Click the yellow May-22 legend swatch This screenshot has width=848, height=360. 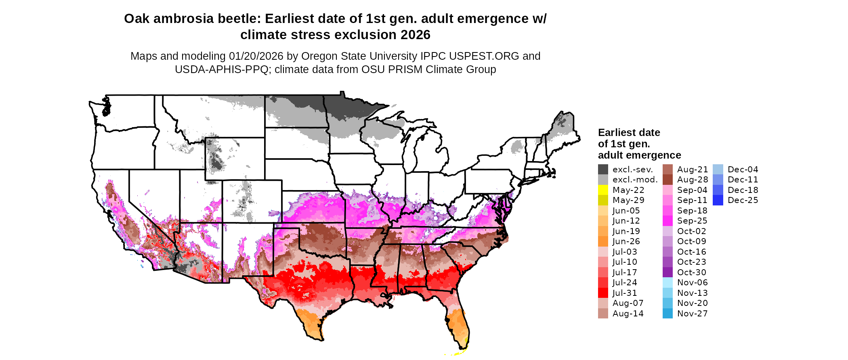point(603,190)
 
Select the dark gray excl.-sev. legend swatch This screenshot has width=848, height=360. point(603,170)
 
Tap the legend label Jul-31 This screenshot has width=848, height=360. point(625,293)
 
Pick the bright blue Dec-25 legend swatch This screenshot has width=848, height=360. point(718,200)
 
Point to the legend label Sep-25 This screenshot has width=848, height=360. point(692,221)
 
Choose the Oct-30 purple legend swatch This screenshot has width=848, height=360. point(667,272)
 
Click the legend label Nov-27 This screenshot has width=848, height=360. point(692,314)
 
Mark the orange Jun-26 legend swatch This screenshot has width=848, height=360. point(603,241)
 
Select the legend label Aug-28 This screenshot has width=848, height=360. point(693,180)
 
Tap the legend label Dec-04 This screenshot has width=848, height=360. point(743,170)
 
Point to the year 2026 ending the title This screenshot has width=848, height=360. point(416,35)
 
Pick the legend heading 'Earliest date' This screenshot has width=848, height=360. point(629,133)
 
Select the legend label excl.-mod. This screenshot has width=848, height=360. point(635,180)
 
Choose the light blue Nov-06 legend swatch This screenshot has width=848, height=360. point(667,283)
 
